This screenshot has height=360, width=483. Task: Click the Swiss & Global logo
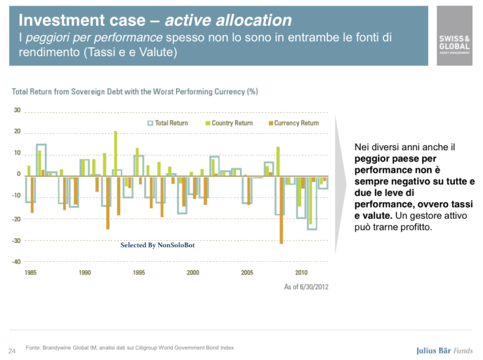456,36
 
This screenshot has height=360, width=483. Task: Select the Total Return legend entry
168,123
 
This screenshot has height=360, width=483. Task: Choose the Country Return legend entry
228,123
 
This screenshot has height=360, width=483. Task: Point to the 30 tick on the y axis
17,110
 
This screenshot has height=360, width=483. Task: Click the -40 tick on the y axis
17,262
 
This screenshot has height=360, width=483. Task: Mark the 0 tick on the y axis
18,175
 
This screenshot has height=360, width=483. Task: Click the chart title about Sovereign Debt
135,92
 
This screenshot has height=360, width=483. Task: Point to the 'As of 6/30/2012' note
305,287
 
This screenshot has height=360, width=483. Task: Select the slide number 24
12,349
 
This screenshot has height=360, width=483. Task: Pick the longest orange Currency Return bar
281,209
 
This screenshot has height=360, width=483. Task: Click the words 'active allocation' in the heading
228,20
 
